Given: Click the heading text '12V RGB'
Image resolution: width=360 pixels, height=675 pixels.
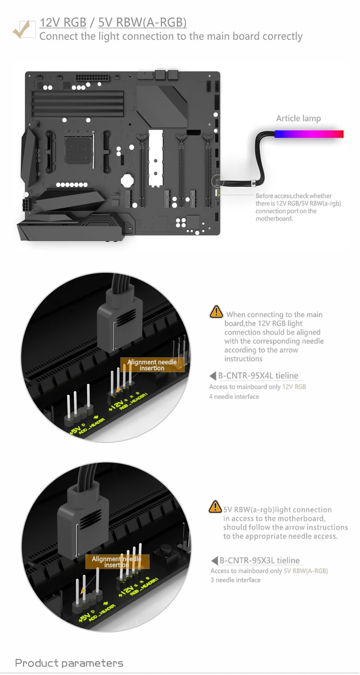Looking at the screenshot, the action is pos(63,23).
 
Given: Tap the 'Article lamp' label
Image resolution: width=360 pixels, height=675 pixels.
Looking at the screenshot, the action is pos(298,118).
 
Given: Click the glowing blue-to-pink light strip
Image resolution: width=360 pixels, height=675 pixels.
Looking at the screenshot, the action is pos(308,134).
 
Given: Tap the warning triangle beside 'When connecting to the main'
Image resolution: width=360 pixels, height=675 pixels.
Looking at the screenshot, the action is pos(216,312).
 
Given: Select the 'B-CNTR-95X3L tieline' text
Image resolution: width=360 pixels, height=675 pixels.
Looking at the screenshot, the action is pos(259,561).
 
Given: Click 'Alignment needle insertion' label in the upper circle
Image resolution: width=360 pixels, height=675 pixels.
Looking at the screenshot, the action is pos(152,365).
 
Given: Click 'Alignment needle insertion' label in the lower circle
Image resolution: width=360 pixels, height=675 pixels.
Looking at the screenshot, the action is pos(116,562).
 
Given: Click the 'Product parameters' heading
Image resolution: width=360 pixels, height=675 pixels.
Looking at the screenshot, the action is pos(69,663).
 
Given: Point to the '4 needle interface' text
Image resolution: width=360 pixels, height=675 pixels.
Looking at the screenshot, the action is pos(234,396).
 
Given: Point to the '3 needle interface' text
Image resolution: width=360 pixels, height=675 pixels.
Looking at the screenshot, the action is pos(236,580).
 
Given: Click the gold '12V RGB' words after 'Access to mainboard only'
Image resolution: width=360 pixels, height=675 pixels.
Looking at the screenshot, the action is pos(294,387).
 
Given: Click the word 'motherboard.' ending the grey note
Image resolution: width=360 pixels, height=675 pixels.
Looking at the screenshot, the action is pos(274,219).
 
